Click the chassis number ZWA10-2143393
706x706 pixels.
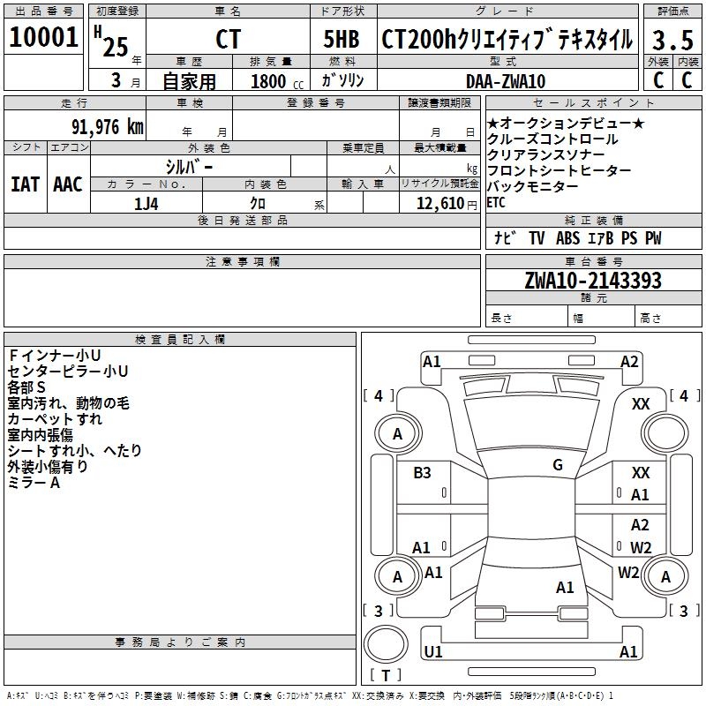tap(592, 281)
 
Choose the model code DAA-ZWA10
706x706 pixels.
tap(506, 81)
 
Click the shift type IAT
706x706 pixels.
tap(25, 184)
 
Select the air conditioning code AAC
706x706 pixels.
tap(67, 184)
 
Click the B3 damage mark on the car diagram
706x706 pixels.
tap(422, 473)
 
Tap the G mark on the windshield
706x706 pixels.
tap(557, 465)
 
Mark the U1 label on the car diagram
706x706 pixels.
tap(432, 651)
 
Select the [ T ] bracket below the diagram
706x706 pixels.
tap(385, 676)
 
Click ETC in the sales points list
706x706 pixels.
tap(496, 203)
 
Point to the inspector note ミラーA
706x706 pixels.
tap(34, 483)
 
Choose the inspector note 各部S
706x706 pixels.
tap(26, 387)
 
